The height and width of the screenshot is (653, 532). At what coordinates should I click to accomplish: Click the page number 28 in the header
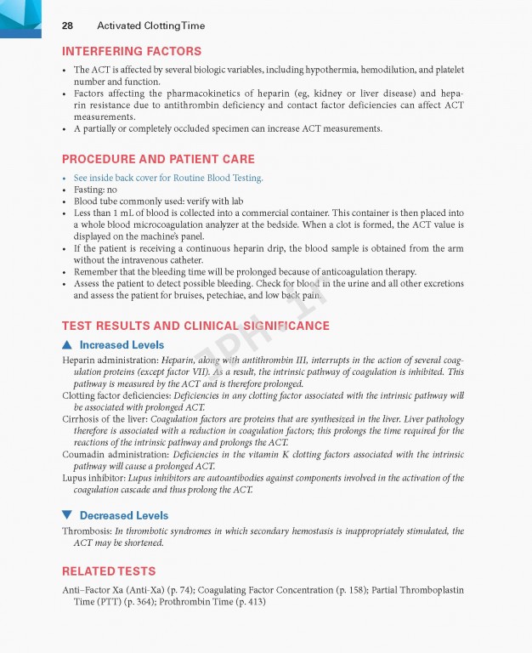67,26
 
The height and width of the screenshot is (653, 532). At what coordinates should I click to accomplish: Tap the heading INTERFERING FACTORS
132,51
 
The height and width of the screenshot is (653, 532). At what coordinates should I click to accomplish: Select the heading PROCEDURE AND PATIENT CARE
158,159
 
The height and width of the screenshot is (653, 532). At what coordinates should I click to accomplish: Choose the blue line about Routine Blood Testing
168,178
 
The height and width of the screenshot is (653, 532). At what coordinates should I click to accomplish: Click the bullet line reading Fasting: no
95,190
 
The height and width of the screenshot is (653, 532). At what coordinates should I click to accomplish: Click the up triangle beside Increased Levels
67,344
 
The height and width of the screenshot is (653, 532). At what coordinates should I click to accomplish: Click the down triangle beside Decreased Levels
67,515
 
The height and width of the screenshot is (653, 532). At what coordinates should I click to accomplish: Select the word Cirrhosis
84,419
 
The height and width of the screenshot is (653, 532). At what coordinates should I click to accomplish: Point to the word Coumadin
86,455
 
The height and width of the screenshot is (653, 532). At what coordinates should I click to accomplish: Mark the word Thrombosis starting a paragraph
87,531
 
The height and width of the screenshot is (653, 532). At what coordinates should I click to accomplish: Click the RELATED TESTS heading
109,571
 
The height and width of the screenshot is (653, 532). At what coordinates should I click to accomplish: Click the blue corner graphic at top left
20,18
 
